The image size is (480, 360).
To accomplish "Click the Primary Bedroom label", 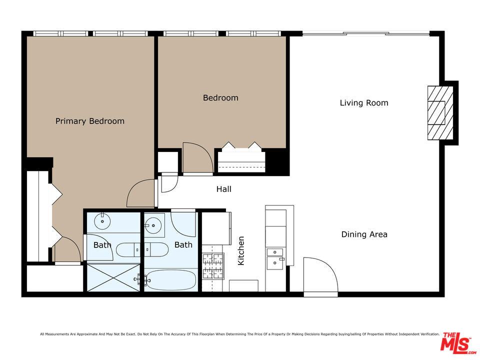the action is [x=89, y=121].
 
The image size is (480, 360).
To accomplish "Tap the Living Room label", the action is [x=364, y=103].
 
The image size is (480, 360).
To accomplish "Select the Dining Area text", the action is [x=364, y=234].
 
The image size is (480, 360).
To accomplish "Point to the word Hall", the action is [x=224, y=189].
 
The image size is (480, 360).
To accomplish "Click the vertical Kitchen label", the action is [x=241, y=250].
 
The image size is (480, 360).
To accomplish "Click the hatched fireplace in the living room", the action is [x=440, y=113].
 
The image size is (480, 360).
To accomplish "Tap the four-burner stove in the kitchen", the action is [x=213, y=266].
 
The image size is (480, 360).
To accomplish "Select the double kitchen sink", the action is [x=275, y=259].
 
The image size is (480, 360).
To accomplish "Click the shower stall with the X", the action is [x=113, y=277].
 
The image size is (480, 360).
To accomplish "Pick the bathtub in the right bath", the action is [x=170, y=280].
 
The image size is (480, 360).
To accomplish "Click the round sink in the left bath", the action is [x=102, y=221].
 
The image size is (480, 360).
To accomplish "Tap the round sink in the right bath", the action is [x=153, y=226].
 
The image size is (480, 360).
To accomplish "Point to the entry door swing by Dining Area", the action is [x=320, y=275].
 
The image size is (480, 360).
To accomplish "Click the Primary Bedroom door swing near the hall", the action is [x=140, y=193].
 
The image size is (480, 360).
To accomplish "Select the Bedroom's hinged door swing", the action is [x=197, y=157].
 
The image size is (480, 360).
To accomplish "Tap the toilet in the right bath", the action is [x=156, y=250].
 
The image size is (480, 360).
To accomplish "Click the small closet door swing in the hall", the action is [x=169, y=183].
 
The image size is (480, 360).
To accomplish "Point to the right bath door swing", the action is [x=183, y=224].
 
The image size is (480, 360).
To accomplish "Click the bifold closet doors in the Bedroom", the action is [x=241, y=146].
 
